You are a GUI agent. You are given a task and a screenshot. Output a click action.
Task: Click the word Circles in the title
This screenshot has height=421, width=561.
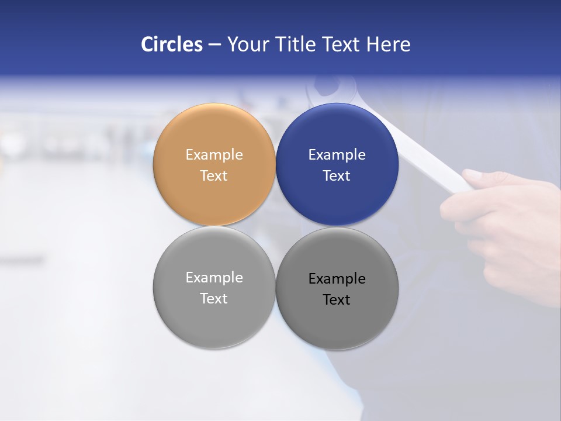point(171,44)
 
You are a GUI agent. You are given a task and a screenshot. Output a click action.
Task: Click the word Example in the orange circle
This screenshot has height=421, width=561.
point(214,155)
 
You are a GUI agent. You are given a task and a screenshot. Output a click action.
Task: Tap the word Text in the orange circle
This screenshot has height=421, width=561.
point(214,176)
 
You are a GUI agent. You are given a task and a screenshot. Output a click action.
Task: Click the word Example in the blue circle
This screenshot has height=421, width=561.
point(337,155)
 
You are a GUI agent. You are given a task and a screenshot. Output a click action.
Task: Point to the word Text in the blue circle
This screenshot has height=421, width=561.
point(337,176)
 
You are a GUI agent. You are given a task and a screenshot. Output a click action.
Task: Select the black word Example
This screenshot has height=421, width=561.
point(337,279)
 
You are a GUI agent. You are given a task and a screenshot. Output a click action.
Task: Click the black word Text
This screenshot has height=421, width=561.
point(337,300)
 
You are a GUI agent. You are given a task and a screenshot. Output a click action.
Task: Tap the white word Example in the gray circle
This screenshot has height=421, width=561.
point(214,278)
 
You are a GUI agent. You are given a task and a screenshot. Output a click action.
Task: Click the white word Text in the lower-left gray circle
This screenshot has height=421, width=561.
point(214,299)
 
